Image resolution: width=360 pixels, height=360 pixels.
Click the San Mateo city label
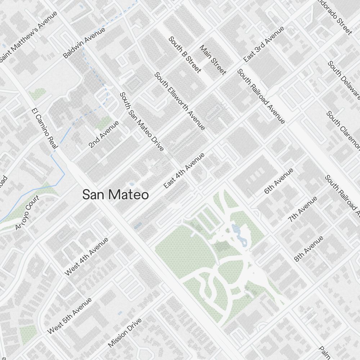[115, 195]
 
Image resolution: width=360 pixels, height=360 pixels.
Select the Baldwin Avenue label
[84, 43]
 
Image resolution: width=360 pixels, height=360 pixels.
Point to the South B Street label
[184, 54]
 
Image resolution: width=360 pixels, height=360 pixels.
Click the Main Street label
[213, 60]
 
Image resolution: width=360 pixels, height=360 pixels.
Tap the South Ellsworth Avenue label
[180, 101]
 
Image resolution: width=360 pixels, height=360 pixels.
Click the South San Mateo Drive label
[141, 121]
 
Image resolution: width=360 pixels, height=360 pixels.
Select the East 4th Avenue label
[184, 170]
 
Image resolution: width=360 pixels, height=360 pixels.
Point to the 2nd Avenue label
[104, 134]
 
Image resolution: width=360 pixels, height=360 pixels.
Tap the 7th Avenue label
[303, 209]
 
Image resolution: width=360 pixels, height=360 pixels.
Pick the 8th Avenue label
[309, 249]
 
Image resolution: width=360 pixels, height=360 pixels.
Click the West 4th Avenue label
[86, 257]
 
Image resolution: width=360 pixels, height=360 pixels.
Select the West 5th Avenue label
[69, 316]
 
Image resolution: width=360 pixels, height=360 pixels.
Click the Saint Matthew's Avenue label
[28, 36]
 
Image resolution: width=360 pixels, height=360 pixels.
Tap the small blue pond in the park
[236, 228]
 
